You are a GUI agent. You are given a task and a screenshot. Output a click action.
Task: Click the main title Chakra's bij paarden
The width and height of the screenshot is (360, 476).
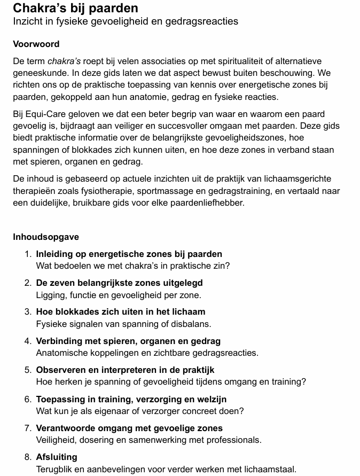[75, 8]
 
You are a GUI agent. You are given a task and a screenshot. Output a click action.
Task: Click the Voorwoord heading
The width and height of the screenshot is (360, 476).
[36, 44]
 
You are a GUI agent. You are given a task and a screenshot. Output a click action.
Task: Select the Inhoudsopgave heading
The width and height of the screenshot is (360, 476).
[46, 237]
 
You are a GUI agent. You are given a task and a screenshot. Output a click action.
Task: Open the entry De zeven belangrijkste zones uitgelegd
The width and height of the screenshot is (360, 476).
[119, 283]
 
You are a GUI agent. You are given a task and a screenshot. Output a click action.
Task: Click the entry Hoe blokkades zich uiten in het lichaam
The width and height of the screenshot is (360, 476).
[120, 311]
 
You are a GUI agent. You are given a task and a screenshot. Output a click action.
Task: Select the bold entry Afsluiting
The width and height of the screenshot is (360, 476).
[56, 457]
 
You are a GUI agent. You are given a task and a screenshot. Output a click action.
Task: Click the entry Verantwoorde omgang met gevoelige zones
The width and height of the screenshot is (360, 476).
[129, 428]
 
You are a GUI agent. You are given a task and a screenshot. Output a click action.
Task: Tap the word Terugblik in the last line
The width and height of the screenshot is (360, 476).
[55, 469]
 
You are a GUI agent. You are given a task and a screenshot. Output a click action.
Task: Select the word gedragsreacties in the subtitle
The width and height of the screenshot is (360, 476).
[207, 21]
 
